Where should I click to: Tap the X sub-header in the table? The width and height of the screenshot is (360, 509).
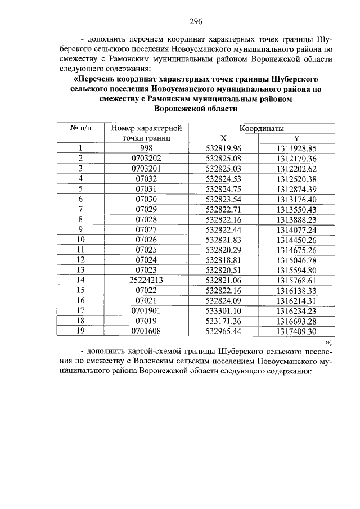tap(223, 138)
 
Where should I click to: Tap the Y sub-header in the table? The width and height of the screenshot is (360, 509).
tap(296, 138)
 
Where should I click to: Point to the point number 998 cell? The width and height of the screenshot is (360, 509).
tap(146, 148)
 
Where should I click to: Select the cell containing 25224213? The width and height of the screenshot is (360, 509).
tap(146, 280)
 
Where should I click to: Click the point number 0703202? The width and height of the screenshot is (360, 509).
tap(146, 159)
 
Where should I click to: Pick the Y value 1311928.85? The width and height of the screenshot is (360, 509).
tap(296, 148)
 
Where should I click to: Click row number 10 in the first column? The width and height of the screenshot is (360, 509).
tap(80, 240)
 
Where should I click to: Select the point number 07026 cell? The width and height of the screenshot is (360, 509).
tap(146, 240)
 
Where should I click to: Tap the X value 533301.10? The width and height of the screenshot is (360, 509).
tap(223, 310)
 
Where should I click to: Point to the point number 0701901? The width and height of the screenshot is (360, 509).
tap(146, 310)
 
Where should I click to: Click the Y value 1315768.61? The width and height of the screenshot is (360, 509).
tap(296, 280)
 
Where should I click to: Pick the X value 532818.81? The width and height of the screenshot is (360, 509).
tap(223, 260)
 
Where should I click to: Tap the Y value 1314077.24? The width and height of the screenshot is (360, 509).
tap(296, 229)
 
